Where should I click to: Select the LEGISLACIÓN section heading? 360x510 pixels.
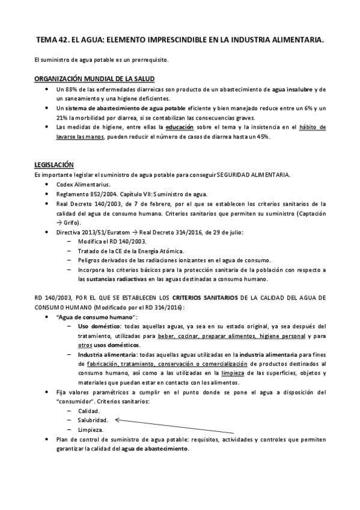pos(53,165)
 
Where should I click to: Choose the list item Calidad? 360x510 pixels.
pos(90,411)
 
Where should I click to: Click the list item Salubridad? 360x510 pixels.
pos(93,420)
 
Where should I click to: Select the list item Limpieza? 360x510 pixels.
pos(91,430)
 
